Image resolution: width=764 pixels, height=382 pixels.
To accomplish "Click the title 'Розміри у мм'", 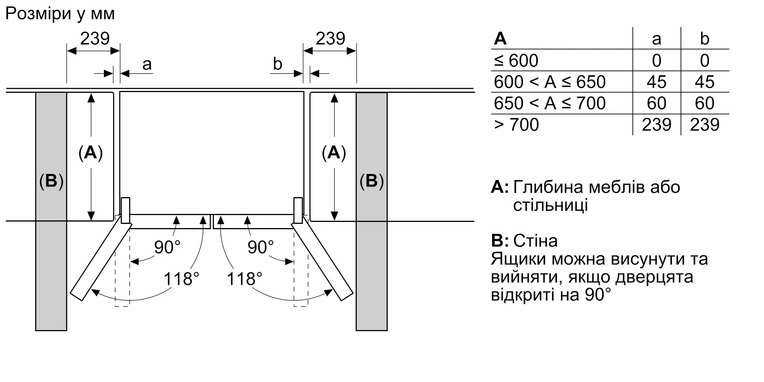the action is click(60, 14).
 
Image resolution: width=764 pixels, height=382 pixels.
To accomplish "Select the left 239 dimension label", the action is click(95, 39).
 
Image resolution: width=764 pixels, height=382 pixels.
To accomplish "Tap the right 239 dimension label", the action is click(330, 39).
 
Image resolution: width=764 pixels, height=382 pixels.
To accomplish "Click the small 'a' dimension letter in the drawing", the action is click(147, 65).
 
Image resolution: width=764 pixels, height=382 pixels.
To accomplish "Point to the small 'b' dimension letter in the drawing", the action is click(278, 64).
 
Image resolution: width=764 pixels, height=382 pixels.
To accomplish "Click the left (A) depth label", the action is click(91, 153).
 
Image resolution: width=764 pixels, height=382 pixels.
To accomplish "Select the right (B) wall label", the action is click(372, 181).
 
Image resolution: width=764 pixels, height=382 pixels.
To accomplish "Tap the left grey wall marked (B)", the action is click(51, 211).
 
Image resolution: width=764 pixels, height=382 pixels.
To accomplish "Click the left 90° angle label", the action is click(167, 247).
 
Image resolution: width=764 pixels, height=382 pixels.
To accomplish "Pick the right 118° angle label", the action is click(244, 279).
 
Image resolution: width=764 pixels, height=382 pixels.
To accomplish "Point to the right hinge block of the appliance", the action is click(298, 210).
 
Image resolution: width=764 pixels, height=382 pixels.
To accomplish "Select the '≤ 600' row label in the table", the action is click(516, 60).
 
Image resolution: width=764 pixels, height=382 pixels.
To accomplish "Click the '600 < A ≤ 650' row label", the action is click(550, 82).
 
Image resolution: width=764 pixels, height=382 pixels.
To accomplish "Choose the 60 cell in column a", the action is click(657, 103).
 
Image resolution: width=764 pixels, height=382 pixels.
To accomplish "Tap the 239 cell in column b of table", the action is click(705, 125).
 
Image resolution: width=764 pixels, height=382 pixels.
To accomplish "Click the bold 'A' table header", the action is click(500, 39).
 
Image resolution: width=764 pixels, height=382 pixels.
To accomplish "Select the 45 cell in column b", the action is click(705, 82).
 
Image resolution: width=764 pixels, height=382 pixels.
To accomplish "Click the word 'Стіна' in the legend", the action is click(536, 241).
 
